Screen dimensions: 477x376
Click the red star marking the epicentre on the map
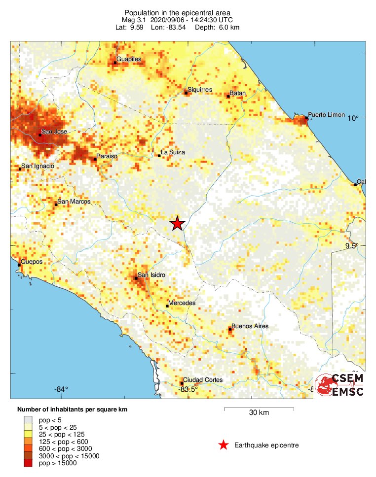178,224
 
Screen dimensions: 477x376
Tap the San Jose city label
54,132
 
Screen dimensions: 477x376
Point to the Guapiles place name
129,59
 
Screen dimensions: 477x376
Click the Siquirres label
200,90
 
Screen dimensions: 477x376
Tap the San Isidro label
151,275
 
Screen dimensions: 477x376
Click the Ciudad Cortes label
203,380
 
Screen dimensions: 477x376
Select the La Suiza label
173,153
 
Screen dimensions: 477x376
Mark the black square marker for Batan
228,96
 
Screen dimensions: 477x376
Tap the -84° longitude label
61,389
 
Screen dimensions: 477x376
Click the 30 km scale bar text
259,413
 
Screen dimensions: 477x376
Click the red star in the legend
224,445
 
